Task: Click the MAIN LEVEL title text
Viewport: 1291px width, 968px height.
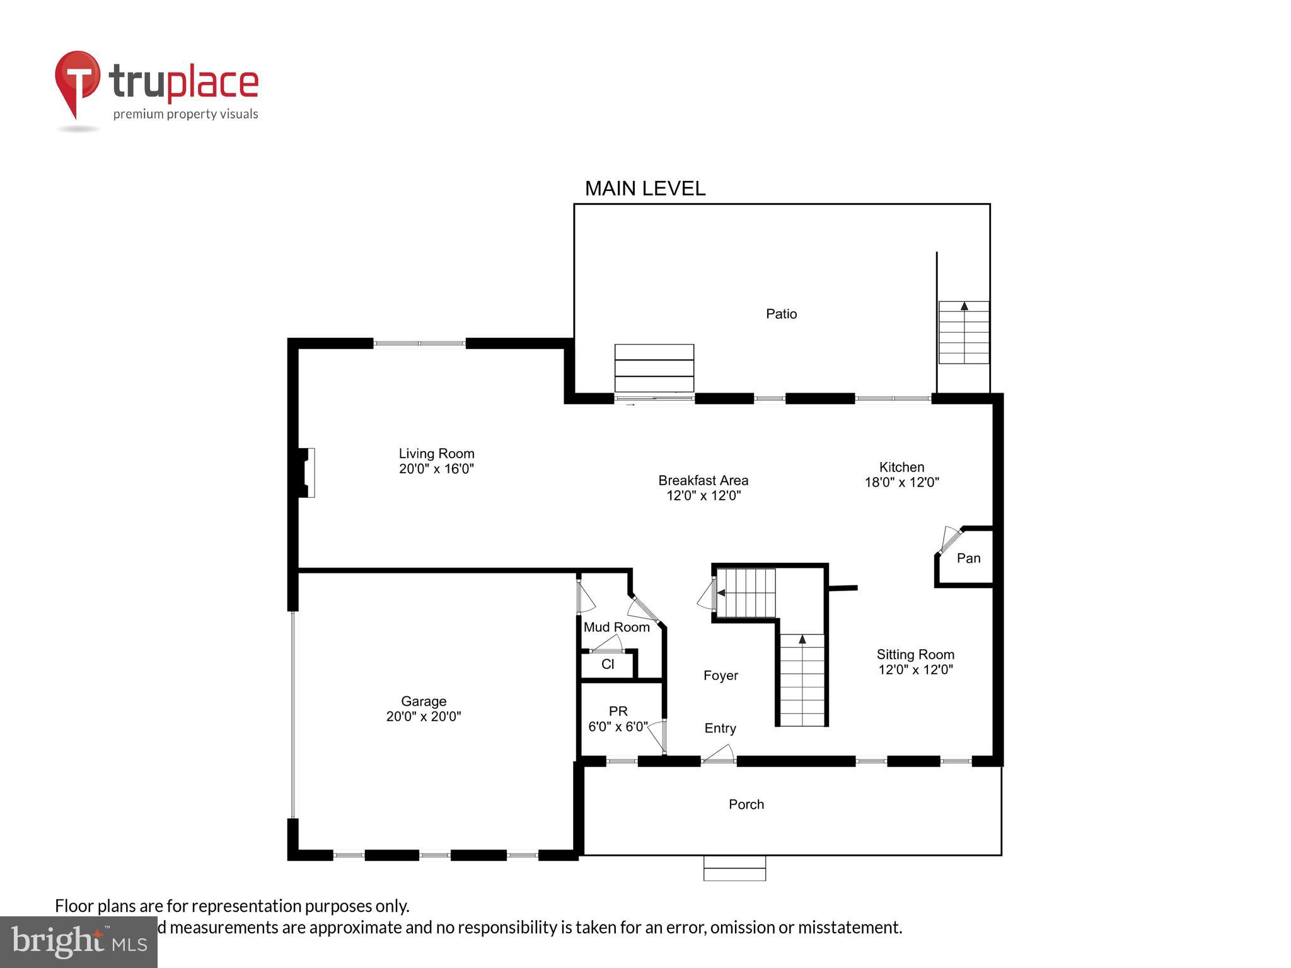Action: [x=645, y=188]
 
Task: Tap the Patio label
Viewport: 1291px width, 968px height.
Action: [x=781, y=314]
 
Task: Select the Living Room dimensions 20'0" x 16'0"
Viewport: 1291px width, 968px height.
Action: [x=436, y=469]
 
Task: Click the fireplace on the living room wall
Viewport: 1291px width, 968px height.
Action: [x=306, y=473]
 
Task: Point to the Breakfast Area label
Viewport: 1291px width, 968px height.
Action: [x=703, y=480]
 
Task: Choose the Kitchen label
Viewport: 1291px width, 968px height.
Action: [x=901, y=467]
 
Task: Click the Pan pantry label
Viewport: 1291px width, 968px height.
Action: [x=968, y=558]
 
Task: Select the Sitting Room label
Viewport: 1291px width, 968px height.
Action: [x=915, y=654]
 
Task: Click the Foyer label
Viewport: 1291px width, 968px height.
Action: [x=721, y=676]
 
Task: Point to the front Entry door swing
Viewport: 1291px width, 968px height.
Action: [x=719, y=754]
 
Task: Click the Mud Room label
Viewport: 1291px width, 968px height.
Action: [x=617, y=627]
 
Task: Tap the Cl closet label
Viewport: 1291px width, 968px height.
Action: [x=608, y=664]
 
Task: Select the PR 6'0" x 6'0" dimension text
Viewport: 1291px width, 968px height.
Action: [x=618, y=727]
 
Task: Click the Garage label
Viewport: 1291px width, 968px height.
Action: [x=424, y=701]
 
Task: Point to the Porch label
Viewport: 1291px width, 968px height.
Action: [x=746, y=804]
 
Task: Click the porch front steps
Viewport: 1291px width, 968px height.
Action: [x=734, y=868]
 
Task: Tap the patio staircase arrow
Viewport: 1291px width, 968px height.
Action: [x=964, y=306]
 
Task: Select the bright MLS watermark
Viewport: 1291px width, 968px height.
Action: [x=79, y=942]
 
